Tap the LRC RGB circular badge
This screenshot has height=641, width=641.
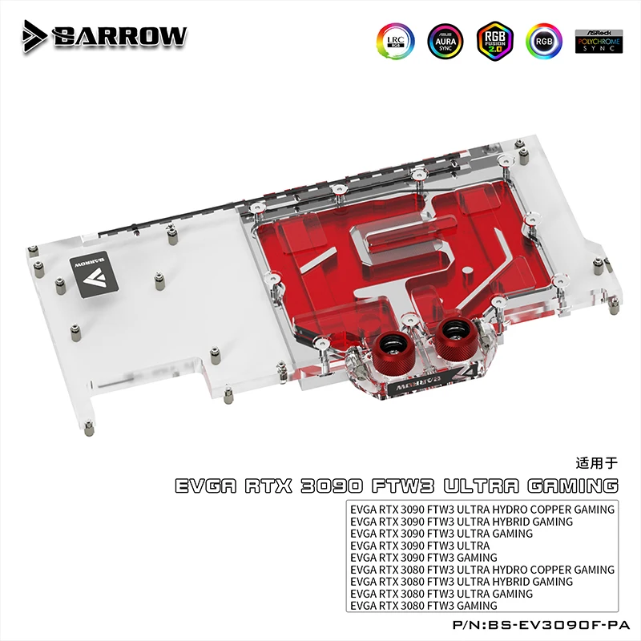(393, 40)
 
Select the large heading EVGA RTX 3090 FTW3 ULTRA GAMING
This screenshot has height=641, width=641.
(397, 486)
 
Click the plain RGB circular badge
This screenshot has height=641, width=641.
(544, 40)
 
